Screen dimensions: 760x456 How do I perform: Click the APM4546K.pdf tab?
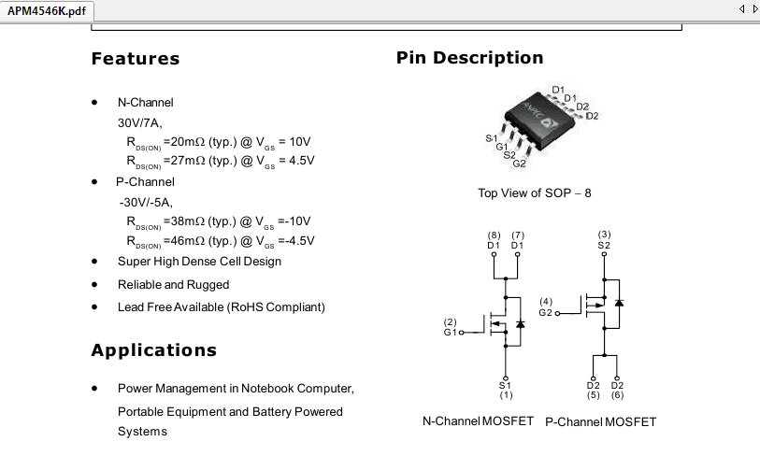(x=47, y=10)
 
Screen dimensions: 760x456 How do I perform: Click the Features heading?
(x=136, y=59)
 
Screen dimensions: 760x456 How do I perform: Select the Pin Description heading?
(x=469, y=58)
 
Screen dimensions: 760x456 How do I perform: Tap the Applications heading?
(x=153, y=349)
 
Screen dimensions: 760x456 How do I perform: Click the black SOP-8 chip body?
(x=539, y=120)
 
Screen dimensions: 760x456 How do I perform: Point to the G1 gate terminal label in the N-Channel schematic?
(x=450, y=333)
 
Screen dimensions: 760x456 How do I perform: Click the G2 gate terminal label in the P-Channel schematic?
(x=545, y=312)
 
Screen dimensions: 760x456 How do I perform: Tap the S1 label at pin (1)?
(x=505, y=385)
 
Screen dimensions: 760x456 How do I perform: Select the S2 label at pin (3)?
(x=604, y=245)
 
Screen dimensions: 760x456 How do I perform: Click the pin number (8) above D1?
(x=494, y=235)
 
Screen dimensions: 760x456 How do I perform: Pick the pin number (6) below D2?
(x=617, y=395)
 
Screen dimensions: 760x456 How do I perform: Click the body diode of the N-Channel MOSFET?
(x=520, y=323)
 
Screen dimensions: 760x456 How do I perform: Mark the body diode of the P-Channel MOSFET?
(x=619, y=303)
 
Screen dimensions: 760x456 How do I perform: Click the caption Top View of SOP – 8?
(x=535, y=192)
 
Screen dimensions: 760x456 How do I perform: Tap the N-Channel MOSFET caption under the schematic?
(x=478, y=421)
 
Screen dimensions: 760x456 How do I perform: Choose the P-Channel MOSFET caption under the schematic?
(x=600, y=422)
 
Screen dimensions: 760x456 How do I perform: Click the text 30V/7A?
(x=139, y=123)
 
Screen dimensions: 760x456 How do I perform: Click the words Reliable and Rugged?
(x=174, y=284)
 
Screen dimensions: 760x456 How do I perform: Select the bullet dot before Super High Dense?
(x=94, y=262)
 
